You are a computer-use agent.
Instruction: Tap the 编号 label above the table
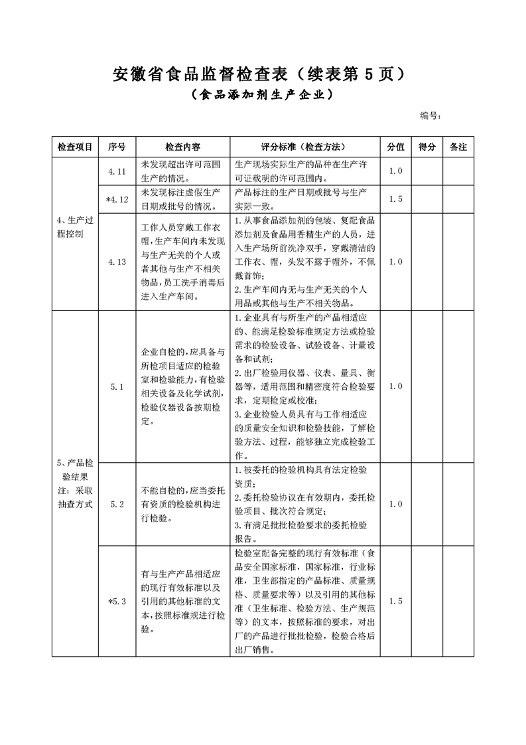[430, 116]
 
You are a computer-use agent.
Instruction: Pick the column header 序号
[117, 147]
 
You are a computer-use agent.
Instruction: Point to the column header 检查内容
[182, 147]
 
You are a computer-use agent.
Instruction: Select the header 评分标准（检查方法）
[303, 147]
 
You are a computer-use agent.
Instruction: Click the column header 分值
[396, 147]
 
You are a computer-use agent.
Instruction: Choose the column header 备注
[458, 147]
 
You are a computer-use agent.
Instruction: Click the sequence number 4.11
[117, 171]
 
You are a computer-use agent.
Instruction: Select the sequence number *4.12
[117, 199]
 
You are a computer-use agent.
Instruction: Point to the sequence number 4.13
[117, 262]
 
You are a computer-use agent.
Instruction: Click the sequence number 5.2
[117, 504]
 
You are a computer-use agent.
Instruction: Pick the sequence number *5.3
[117, 602]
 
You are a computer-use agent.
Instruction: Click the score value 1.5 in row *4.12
[396, 199]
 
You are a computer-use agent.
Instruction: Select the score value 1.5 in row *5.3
[396, 602]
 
